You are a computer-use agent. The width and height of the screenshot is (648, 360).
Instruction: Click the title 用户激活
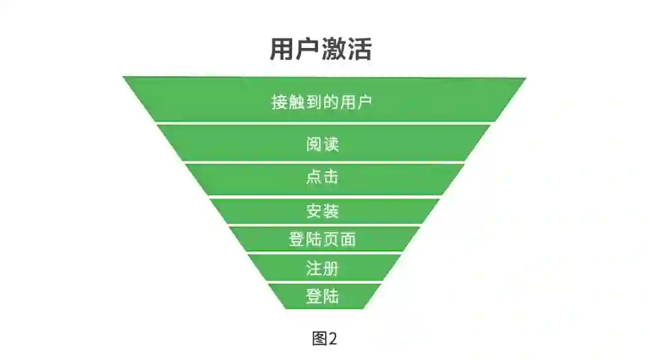coord(321,49)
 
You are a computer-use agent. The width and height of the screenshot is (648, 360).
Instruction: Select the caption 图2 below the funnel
coord(325,338)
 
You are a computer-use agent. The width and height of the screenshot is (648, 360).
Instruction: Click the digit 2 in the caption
coord(332,338)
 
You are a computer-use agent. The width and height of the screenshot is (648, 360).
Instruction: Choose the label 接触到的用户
coord(322,101)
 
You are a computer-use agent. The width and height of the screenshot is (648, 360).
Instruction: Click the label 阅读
coord(323,145)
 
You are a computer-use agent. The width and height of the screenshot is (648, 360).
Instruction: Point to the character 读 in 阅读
coord(331,145)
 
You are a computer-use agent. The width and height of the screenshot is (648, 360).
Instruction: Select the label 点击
coord(323,177)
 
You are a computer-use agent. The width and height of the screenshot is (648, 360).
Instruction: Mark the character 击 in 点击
coord(331,177)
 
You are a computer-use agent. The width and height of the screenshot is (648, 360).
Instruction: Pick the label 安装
coord(323,211)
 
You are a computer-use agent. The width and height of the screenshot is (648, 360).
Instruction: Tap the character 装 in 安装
coord(331,211)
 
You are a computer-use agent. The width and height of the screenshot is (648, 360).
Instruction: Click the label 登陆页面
coord(323,239)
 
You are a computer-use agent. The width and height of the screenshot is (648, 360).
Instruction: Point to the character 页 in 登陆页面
coord(331,239)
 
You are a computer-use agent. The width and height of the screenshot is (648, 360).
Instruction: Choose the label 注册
coord(323,268)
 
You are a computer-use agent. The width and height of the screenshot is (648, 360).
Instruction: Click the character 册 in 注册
coord(331,268)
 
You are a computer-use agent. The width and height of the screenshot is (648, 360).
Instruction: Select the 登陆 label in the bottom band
coord(323,296)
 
